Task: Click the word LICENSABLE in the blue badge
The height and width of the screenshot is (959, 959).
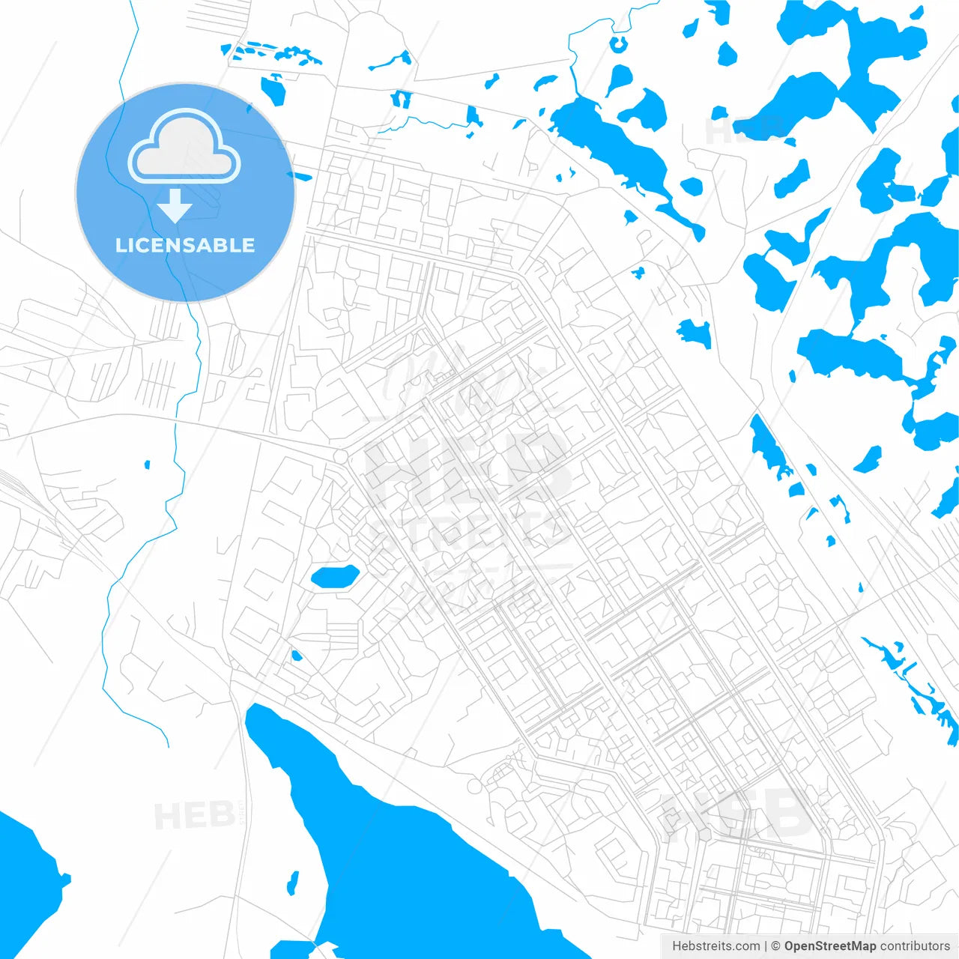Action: [x=185, y=245]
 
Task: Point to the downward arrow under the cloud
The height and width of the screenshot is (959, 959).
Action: [x=175, y=206]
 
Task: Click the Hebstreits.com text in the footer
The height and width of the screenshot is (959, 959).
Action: [x=716, y=946]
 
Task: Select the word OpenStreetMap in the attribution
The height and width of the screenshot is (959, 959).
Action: [x=829, y=946]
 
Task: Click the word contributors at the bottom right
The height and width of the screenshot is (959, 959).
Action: [x=915, y=946]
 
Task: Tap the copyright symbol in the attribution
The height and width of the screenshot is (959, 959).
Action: [x=775, y=946]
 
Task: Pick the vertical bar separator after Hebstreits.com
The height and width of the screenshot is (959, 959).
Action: [x=766, y=946]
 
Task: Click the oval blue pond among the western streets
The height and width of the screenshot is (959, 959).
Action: [x=335, y=576]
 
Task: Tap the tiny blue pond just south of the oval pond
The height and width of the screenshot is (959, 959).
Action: [x=296, y=656]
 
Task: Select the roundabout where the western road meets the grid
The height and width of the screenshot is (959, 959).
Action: [x=340, y=456]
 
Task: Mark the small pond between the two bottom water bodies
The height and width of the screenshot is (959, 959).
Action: [x=293, y=883]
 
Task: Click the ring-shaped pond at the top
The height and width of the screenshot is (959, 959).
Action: [x=619, y=43]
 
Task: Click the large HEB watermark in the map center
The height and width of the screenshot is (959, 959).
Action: [x=465, y=468]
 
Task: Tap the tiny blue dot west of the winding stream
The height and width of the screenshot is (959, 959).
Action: [x=147, y=465]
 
